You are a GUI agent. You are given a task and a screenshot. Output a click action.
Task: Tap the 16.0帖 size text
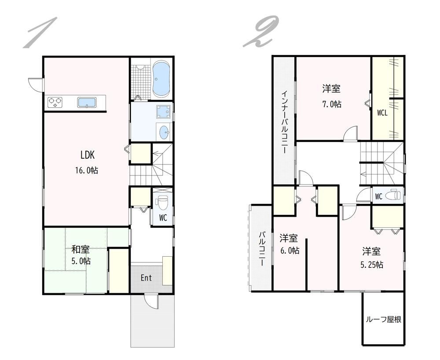pyautogui.click(x=86, y=170)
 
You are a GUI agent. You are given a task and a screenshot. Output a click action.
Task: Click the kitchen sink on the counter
pyautogui.click(x=87, y=102)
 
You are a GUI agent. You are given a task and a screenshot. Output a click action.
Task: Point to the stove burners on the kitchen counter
pyautogui.click(x=55, y=102)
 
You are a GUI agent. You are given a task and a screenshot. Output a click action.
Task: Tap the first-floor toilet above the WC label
pyautogui.click(x=162, y=203)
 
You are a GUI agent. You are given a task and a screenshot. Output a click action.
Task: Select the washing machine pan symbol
pyautogui.click(x=163, y=112)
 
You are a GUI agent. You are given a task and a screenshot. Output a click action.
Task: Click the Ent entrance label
pyautogui.click(x=146, y=278)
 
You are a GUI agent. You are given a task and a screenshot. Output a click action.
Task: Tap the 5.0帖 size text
pyautogui.click(x=81, y=261)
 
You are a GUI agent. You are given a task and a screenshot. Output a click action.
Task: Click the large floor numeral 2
pyautogui.click(x=260, y=31)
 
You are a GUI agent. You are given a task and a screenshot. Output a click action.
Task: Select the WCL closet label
pyautogui.click(x=382, y=113)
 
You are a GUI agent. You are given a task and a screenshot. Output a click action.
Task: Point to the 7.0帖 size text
pyautogui.click(x=332, y=104)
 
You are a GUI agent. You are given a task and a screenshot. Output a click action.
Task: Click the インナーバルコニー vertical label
pyautogui.click(x=284, y=121)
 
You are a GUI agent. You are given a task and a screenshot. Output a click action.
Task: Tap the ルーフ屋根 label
pyautogui.click(x=383, y=320)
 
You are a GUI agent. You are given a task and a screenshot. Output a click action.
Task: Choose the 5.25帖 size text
pyautogui.click(x=372, y=264)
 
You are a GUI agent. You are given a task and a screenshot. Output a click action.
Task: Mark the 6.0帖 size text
pyautogui.click(x=290, y=250)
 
